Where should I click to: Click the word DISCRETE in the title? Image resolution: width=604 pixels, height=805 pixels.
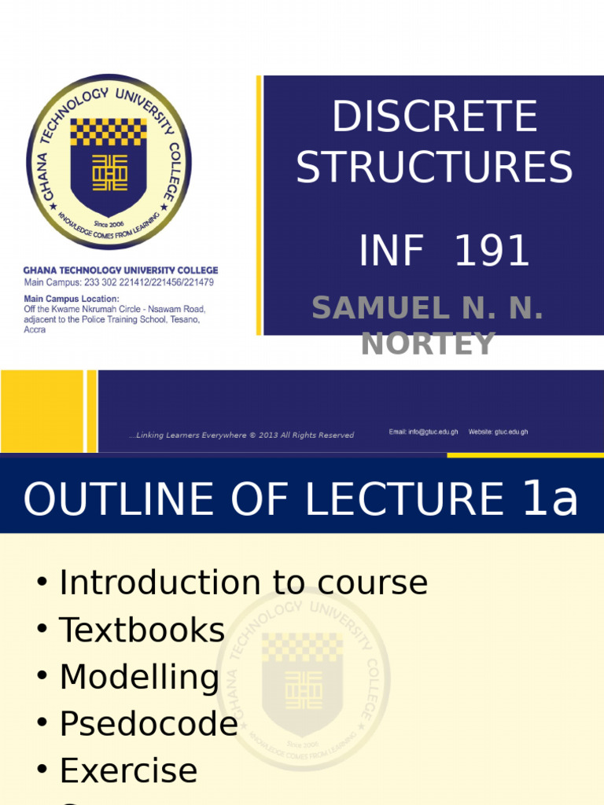click(x=434, y=119)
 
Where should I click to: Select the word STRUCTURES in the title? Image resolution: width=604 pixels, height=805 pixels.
click(x=434, y=168)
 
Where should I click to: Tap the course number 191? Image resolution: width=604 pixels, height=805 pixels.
click(x=492, y=252)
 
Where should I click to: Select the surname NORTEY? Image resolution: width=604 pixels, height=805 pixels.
click(x=428, y=344)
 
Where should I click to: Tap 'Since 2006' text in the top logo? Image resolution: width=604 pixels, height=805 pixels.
click(x=109, y=224)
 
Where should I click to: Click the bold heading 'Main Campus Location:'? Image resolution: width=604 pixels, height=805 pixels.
click(x=72, y=299)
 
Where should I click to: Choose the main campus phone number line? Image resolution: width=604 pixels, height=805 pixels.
click(x=119, y=282)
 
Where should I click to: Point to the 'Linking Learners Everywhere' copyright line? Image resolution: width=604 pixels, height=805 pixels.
click(x=241, y=436)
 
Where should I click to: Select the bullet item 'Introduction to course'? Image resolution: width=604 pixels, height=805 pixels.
click(x=243, y=583)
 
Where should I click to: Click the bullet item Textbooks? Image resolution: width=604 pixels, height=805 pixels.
click(x=142, y=630)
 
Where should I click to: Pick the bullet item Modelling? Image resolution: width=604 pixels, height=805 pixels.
click(x=139, y=678)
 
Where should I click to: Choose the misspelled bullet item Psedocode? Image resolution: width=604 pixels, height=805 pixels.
click(x=149, y=724)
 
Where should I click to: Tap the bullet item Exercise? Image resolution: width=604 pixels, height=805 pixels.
click(x=128, y=771)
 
